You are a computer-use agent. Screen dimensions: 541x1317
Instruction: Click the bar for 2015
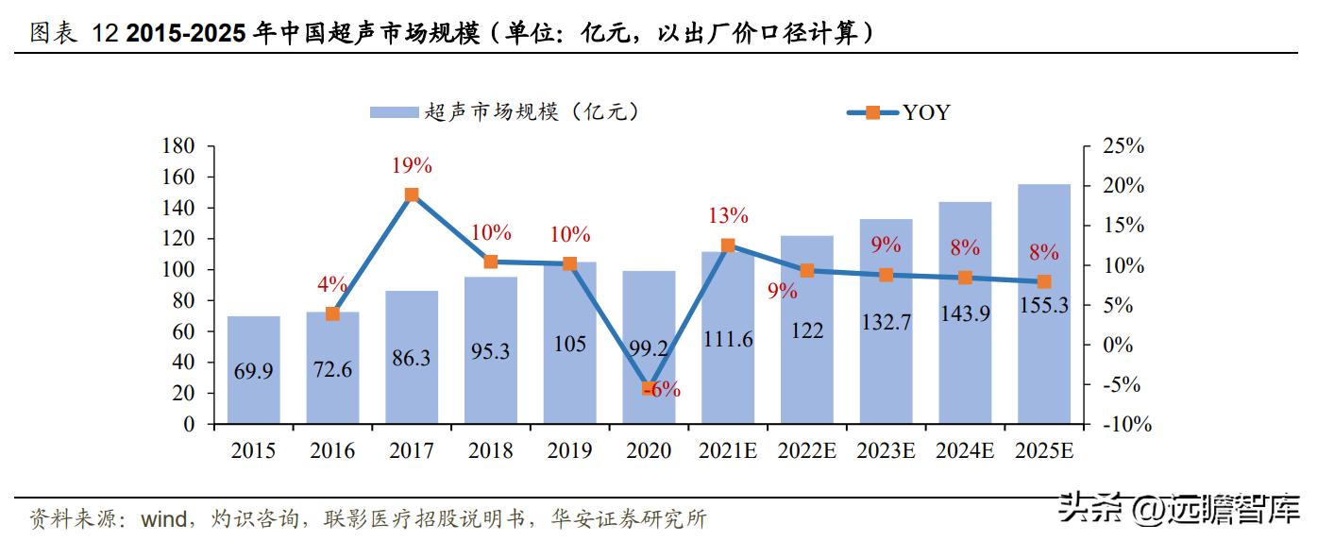(253, 369)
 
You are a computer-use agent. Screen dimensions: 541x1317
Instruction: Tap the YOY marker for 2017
(412, 195)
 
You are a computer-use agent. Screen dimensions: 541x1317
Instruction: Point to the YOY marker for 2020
(649, 388)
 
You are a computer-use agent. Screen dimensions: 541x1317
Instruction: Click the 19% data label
(412, 166)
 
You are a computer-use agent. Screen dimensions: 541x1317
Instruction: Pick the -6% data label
(663, 390)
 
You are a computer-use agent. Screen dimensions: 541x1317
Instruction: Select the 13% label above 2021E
(728, 216)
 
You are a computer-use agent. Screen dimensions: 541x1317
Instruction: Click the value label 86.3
(412, 359)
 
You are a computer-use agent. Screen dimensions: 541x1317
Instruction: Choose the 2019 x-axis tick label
(569, 451)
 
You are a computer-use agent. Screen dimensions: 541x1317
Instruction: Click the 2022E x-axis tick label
(806, 451)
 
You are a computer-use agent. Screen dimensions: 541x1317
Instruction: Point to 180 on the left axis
(178, 146)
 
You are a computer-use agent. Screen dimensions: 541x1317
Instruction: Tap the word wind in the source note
(166, 518)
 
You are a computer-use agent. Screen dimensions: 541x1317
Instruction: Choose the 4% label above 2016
(333, 285)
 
